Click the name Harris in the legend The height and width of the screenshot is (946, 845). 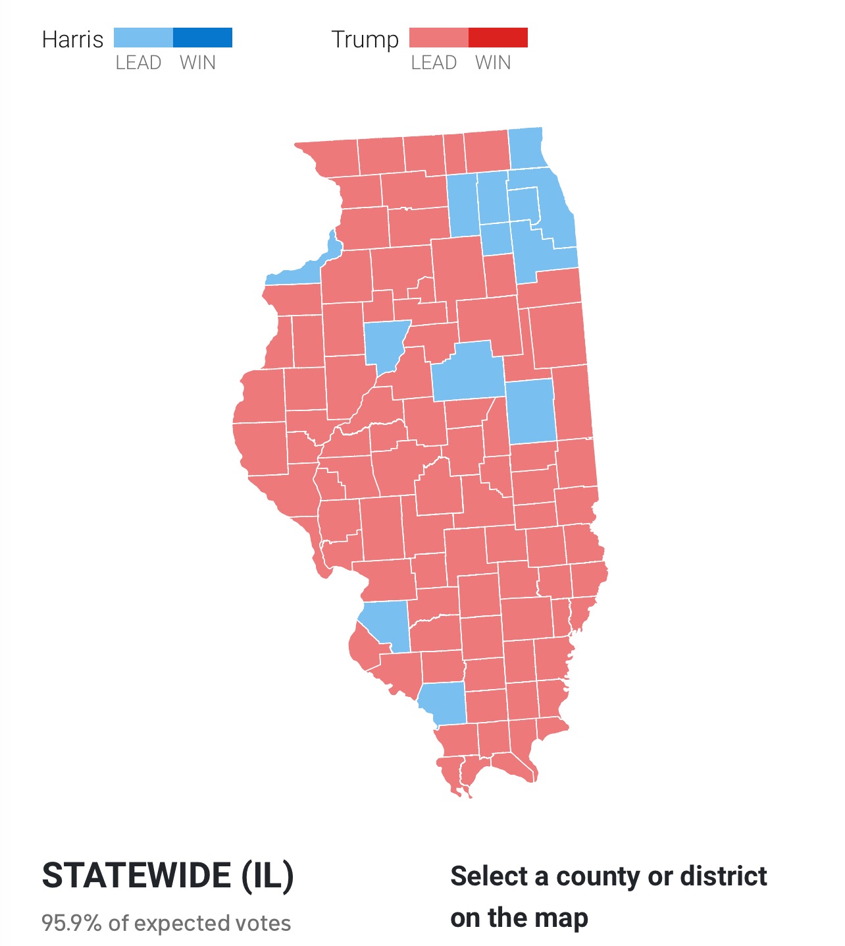coord(72,40)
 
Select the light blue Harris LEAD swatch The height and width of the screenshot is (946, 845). coord(143,38)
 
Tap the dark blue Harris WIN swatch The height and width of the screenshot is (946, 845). coord(203,38)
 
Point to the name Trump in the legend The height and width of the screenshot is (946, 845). coord(365,40)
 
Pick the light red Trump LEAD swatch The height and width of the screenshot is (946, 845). coord(438,38)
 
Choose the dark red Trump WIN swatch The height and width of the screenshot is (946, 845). coord(498,38)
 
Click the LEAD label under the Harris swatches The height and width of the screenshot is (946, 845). coord(138,63)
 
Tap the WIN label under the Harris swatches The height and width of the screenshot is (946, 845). coord(197,63)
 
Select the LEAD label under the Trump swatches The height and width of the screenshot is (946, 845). coord(434,63)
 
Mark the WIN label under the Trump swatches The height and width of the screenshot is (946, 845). coord(493,63)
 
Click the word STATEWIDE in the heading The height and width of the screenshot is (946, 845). coord(136,876)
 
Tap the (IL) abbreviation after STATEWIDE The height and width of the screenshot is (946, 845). coord(267,876)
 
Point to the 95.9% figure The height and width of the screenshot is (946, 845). coord(71,923)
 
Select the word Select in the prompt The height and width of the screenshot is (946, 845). coord(488,877)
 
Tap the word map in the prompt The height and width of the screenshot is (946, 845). coord(561,918)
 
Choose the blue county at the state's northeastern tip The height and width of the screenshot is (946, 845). coord(526,148)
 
